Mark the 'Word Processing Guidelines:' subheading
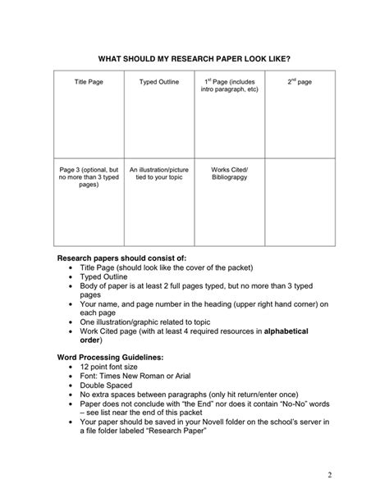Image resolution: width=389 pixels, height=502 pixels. coord(109,357)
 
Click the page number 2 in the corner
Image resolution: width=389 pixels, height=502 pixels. coord(328,475)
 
